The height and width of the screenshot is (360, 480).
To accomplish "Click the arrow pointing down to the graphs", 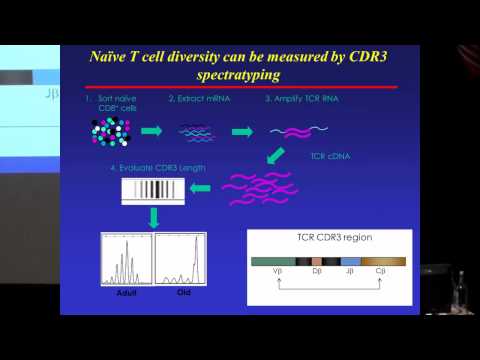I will tap(155, 219).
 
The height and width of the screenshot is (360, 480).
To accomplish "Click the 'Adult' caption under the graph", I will tap(124, 296).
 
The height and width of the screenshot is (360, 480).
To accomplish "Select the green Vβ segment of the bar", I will tap(278, 261).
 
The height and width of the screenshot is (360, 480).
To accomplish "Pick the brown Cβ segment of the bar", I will tap(385, 261).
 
